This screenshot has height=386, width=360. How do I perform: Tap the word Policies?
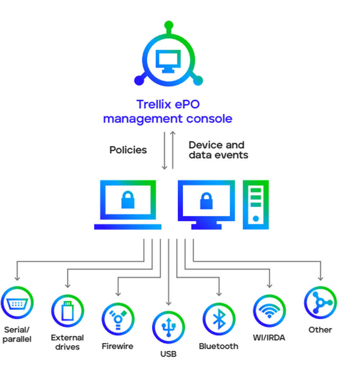(128, 150)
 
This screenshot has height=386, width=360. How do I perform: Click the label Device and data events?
(218, 150)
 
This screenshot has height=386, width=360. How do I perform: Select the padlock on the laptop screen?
(128, 200)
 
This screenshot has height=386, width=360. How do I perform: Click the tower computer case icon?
(256, 204)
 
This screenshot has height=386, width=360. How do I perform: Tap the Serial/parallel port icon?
(17, 303)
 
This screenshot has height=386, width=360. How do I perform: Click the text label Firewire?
(117, 346)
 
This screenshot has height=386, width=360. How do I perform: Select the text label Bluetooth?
(219, 346)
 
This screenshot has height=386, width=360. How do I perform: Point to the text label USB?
(168, 354)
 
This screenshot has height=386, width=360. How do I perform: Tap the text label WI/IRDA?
(269, 338)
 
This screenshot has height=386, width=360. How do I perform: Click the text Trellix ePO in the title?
(168, 105)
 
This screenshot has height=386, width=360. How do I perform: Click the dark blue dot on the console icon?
(139, 81)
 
